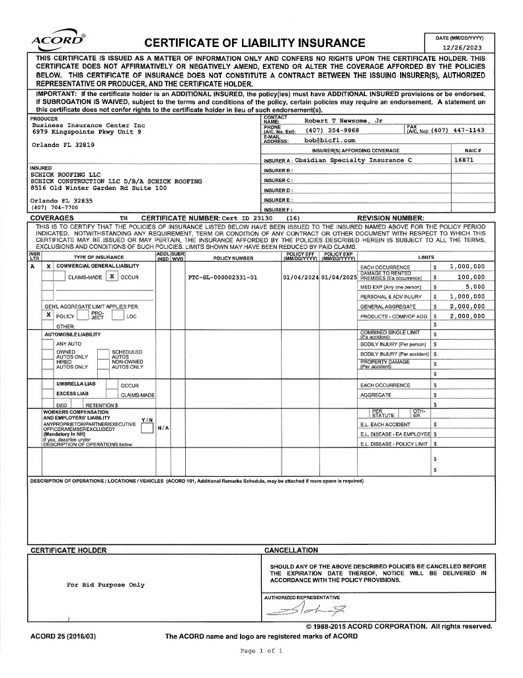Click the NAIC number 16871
(463, 160)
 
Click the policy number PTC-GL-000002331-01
(223, 277)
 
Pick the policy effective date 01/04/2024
(301, 277)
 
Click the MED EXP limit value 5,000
(474, 287)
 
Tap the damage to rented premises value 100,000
(470, 277)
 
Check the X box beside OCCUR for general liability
(113, 277)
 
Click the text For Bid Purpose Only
(106, 585)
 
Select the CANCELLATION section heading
(291, 550)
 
